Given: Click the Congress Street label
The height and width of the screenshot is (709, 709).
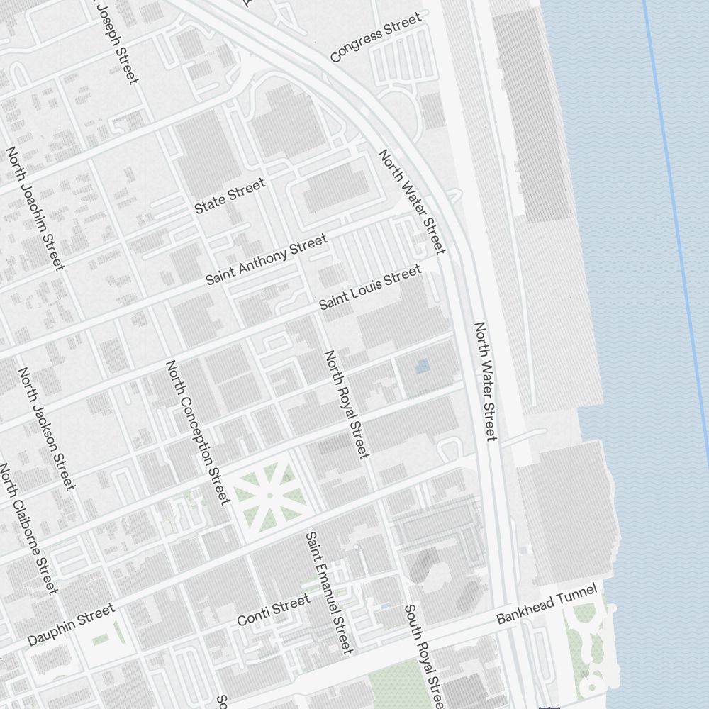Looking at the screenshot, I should click(376, 38).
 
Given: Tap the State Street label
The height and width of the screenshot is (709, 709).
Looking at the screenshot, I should click(230, 196).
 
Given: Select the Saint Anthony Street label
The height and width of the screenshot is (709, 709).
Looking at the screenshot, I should click(267, 259).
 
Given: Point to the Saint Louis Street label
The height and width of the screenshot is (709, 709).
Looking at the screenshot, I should click(369, 287).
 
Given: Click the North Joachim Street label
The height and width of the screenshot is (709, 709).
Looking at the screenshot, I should click(35, 208).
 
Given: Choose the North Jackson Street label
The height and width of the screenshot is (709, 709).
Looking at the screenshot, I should click(46, 428).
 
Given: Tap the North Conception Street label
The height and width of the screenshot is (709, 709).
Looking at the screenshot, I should click(198, 432).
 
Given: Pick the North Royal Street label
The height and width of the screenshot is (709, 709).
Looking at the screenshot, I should click(346, 403).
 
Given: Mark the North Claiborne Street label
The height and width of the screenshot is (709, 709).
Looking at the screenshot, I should click(28, 528).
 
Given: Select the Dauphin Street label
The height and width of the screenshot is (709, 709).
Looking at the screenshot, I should click(70, 625).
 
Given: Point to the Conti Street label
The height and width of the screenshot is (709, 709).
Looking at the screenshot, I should click(273, 610).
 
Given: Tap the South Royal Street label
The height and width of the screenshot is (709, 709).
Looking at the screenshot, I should click(424, 656).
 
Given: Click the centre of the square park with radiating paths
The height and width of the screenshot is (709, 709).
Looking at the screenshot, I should click(269, 494).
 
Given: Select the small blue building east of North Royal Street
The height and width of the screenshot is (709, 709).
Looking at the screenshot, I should click(422, 367).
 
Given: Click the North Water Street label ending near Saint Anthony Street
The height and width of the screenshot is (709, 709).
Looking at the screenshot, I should click(412, 201).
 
